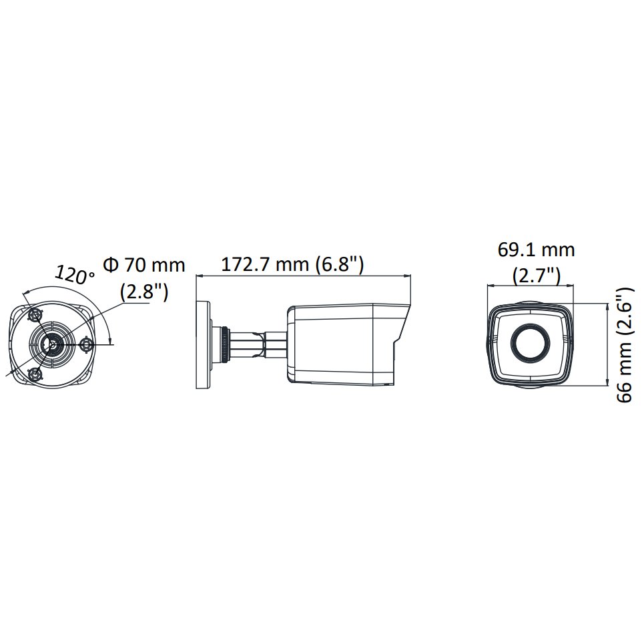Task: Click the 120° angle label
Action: (x=75, y=274)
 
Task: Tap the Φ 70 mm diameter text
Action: (x=144, y=265)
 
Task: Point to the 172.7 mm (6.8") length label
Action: (x=292, y=264)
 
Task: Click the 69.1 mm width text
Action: (x=536, y=250)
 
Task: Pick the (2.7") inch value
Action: (x=536, y=275)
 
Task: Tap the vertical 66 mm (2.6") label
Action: (x=624, y=345)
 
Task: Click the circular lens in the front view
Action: (x=531, y=344)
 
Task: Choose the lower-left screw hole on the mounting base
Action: (x=36, y=373)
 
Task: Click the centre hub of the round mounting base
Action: (x=50, y=344)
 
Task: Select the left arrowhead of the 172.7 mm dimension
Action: (x=198, y=275)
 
